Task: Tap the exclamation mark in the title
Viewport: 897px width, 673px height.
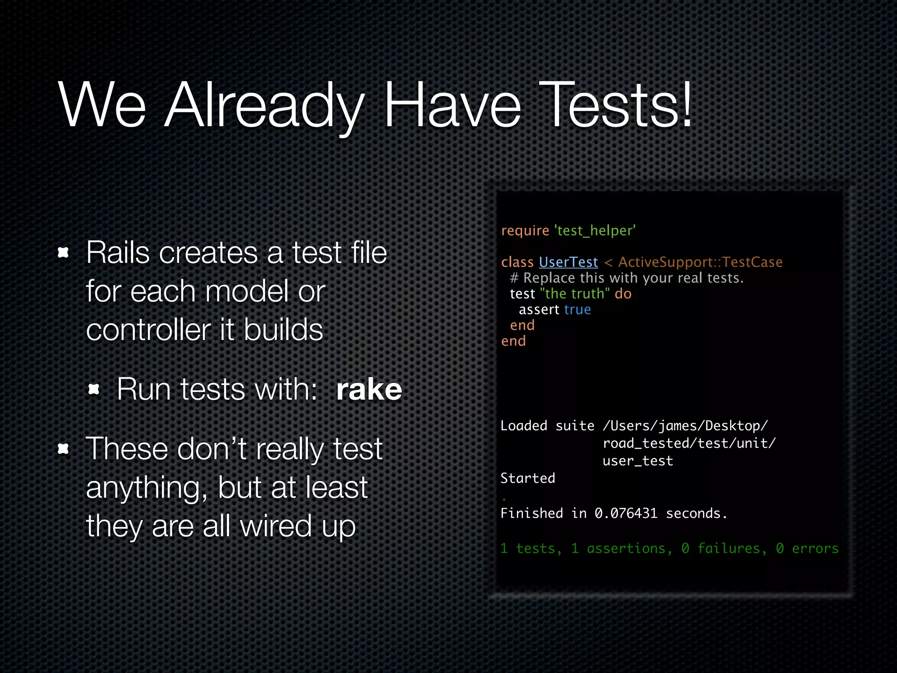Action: tap(685, 105)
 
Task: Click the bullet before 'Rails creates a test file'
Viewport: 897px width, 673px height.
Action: tap(64, 252)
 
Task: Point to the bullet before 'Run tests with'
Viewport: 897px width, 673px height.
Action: tap(94, 389)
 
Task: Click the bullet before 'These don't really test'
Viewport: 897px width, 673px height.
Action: tap(64, 449)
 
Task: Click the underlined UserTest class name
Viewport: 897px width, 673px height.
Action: tap(568, 262)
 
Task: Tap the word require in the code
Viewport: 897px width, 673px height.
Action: tap(525, 230)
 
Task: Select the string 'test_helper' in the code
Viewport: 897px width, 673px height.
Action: tap(595, 230)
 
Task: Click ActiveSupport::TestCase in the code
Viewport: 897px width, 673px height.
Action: tap(700, 262)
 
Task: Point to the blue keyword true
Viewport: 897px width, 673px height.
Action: tap(577, 310)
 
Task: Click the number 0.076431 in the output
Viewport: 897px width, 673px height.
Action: tap(626, 513)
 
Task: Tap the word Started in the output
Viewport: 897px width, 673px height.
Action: tap(527, 478)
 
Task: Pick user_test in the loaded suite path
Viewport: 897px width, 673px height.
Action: tap(637, 461)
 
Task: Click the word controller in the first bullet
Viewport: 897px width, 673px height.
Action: tap(148, 329)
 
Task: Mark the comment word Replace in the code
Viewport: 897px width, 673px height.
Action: tap(549, 278)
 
